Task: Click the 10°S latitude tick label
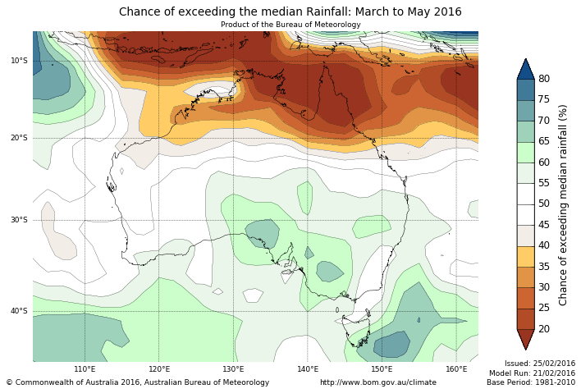[x=19, y=61]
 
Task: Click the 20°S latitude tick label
[x=19, y=138]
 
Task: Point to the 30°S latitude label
[x=19, y=220]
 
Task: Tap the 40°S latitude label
[x=19, y=311]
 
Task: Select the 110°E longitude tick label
[x=85, y=369]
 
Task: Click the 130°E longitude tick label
[x=234, y=369]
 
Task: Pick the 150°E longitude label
[x=382, y=369]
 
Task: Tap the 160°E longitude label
[x=456, y=369]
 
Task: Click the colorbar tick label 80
[x=544, y=79]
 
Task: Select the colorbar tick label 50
[x=544, y=204]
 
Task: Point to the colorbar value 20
[x=544, y=329]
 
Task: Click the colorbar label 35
[x=544, y=267]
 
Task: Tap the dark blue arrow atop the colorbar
[x=525, y=69]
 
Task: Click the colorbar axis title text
[x=564, y=204]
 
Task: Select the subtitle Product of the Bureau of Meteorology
[x=290, y=25]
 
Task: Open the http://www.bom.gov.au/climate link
[x=378, y=382]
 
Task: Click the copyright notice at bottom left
[x=138, y=382]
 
